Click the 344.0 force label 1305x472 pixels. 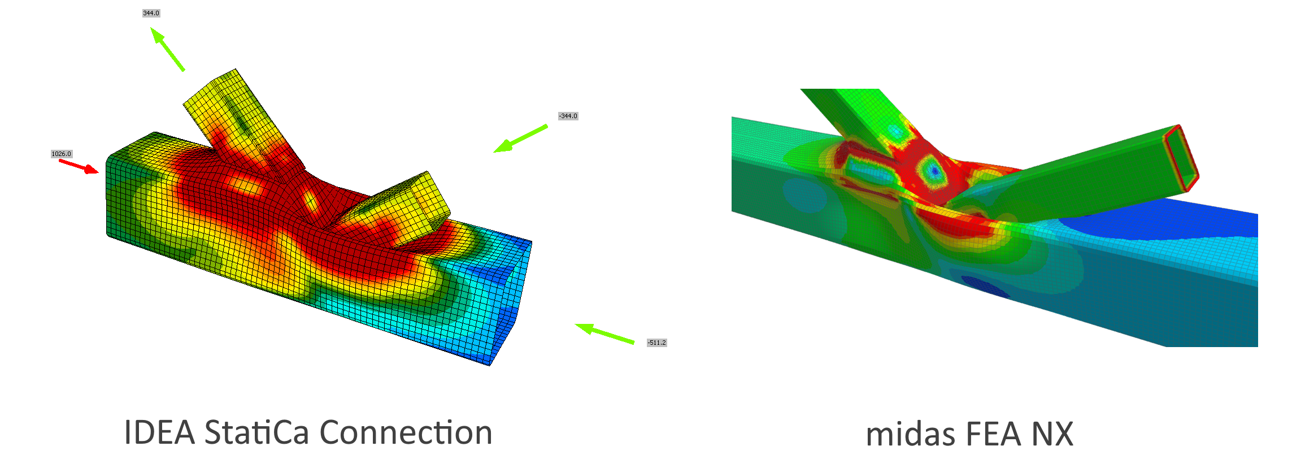pyautogui.click(x=151, y=13)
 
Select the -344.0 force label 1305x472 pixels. pyautogui.click(x=568, y=116)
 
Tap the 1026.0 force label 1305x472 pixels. pyautogui.click(x=62, y=154)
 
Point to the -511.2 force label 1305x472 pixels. pyautogui.click(x=657, y=343)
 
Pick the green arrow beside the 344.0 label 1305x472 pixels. pyautogui.click(x=167, y=49)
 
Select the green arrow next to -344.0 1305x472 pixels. pyautogui.click(x=520, y=138)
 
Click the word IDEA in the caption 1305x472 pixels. pyautogui.click(x=160, y=433)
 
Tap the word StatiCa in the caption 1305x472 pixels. pyautogui.click(x=256, y=433)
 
